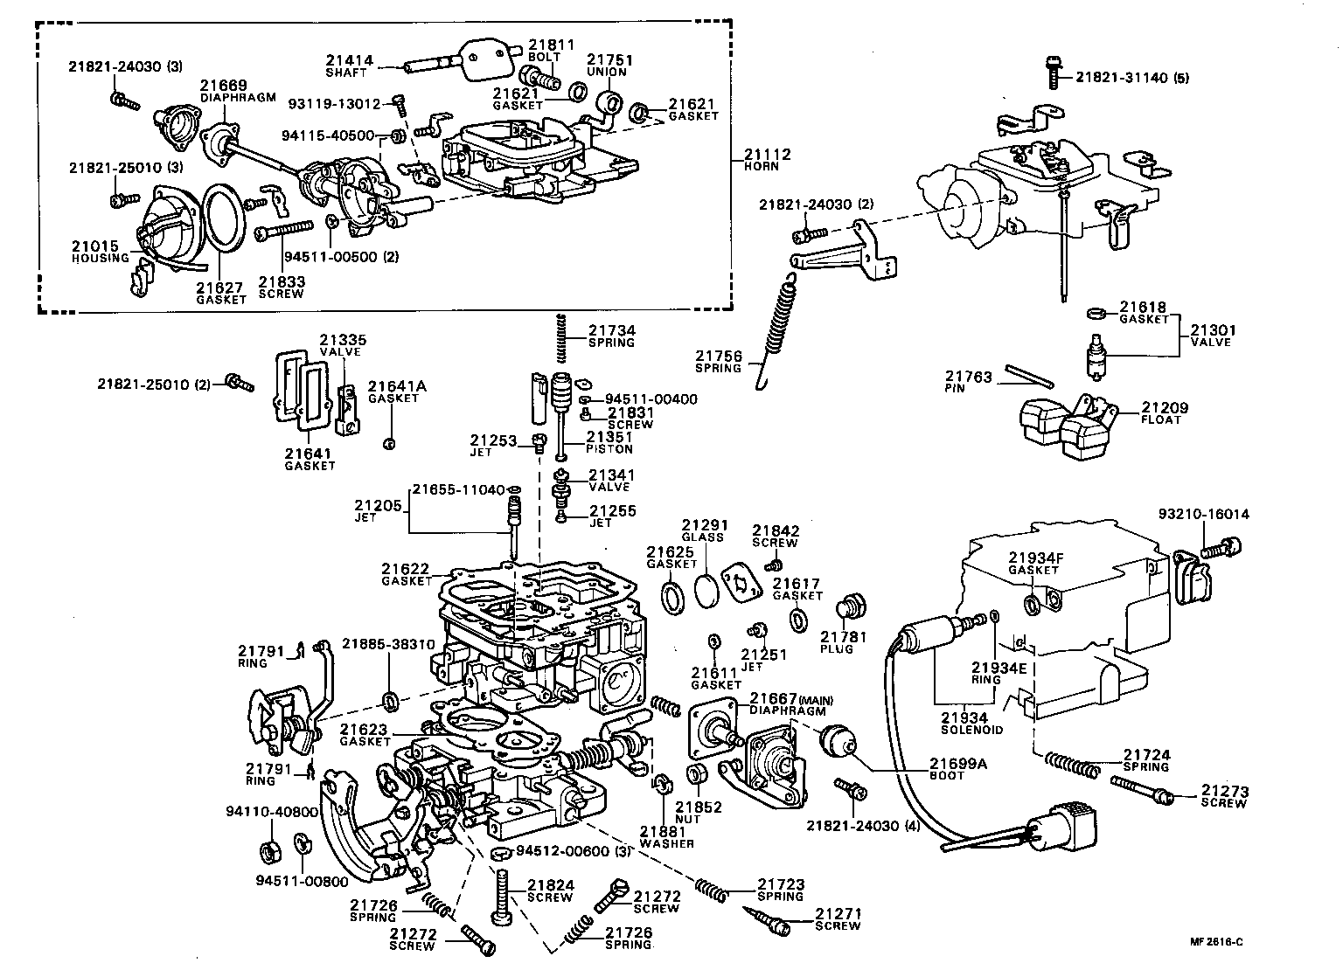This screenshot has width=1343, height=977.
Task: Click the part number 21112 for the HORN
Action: pyautogui.click(x=767, y=155)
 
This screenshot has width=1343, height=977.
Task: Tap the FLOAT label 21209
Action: pyautogui.click(x=1165, y=408)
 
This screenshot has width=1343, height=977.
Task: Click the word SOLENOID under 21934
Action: pyautogui.click(x=971, y=730)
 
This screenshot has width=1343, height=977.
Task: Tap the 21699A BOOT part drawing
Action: pyautogui.click(x=837, y=745)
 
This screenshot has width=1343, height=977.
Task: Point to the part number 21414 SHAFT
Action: pyautogui.click(x=350, y=61)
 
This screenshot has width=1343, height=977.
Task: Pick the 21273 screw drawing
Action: pyautogui.click(x=1141, y=788)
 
